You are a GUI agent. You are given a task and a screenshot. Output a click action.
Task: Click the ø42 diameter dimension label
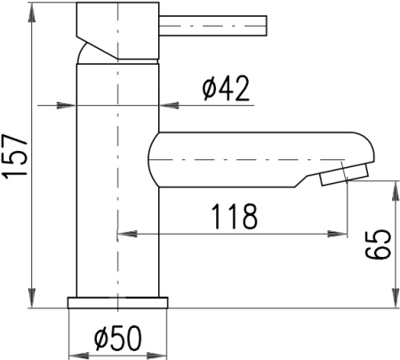click(226, 88)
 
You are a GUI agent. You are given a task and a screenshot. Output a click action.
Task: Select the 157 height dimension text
click(15, 156)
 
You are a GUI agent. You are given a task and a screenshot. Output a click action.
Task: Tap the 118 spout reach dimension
click(234, 216)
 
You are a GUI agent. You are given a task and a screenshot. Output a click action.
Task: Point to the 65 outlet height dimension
click(378, 244)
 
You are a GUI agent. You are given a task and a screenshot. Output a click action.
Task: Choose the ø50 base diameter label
click(118, 338)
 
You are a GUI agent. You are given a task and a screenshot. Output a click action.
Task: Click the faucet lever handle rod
click(213, 26)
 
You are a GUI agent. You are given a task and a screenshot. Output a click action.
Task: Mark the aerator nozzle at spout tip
click(345, 175)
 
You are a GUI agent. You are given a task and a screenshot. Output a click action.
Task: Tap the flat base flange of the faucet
click(117, 302)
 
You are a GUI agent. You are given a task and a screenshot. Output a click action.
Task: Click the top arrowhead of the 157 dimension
click(32, 12)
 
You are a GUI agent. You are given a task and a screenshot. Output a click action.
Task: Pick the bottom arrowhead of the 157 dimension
click(32, 298)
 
